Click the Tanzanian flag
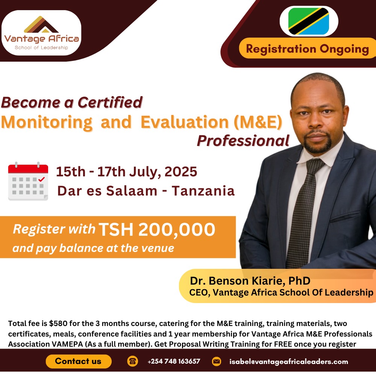pyautogui.click(x=309, y=21)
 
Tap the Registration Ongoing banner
pyautogui.click(x=307, y=49)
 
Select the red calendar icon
pyautogui.click(x=28, y=181)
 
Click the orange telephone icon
pyautogui.click(x=133, y=361)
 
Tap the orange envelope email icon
pyautogui.click(x=217, y=361)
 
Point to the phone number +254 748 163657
pyautogui.click(x=174, y=361)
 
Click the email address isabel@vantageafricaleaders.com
pyautogui.click(x=289, y=362)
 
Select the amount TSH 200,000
pyautogui.click(x=157, y=230)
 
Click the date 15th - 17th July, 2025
pyautogui.click(x=127, y=172)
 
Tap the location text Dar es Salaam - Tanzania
pyautogui.click(x=146, y=191)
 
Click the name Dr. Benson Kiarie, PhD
pyautogui.click(x=250, y=280)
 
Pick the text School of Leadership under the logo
pyautogui.click(x=41, y=47)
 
